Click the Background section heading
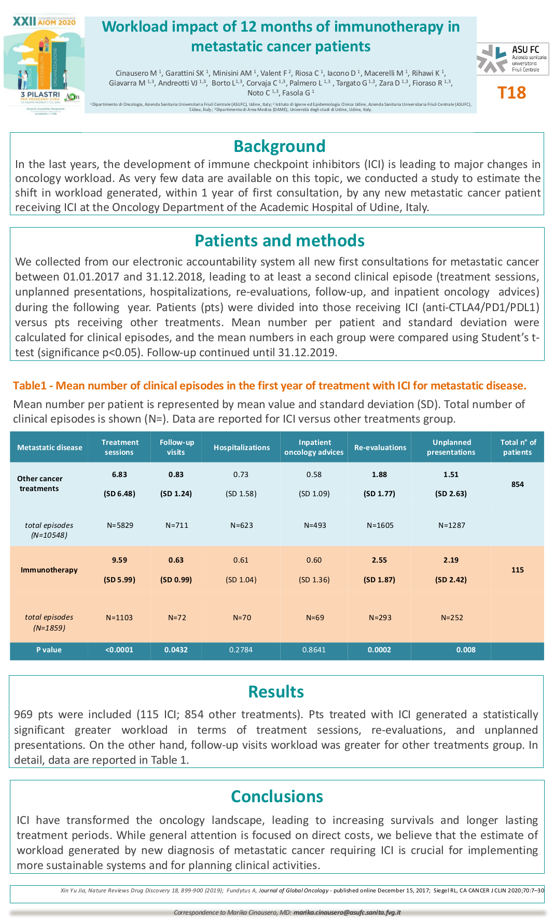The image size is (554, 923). (x=279, y=146)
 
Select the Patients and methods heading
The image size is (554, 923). (x=279, y=241)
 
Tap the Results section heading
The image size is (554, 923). (x=276, y=692)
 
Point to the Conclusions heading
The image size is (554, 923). (x=276, y=796)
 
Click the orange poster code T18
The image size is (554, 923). (x=511, y=93)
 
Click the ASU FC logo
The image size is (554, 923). (x=513, y=59)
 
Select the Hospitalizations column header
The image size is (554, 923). (x=242, y=447)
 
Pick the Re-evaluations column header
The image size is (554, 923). (x=380, y=447)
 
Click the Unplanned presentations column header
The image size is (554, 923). (x=451, y=447)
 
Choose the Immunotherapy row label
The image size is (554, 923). (x=49, y=570)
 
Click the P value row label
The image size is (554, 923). (x=49, y=650)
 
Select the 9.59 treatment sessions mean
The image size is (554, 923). (x=119, y=560)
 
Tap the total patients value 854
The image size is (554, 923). (x=517, y=484)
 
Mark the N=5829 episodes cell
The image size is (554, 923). (x=120, y=525)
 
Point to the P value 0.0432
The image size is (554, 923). (x=176, y=650)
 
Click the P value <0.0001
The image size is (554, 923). (x=119, y=650)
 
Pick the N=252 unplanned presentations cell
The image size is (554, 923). (x=452, y=618)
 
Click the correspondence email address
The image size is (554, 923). (x=347, y=912)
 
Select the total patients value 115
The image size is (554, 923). (x=517, y=570)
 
